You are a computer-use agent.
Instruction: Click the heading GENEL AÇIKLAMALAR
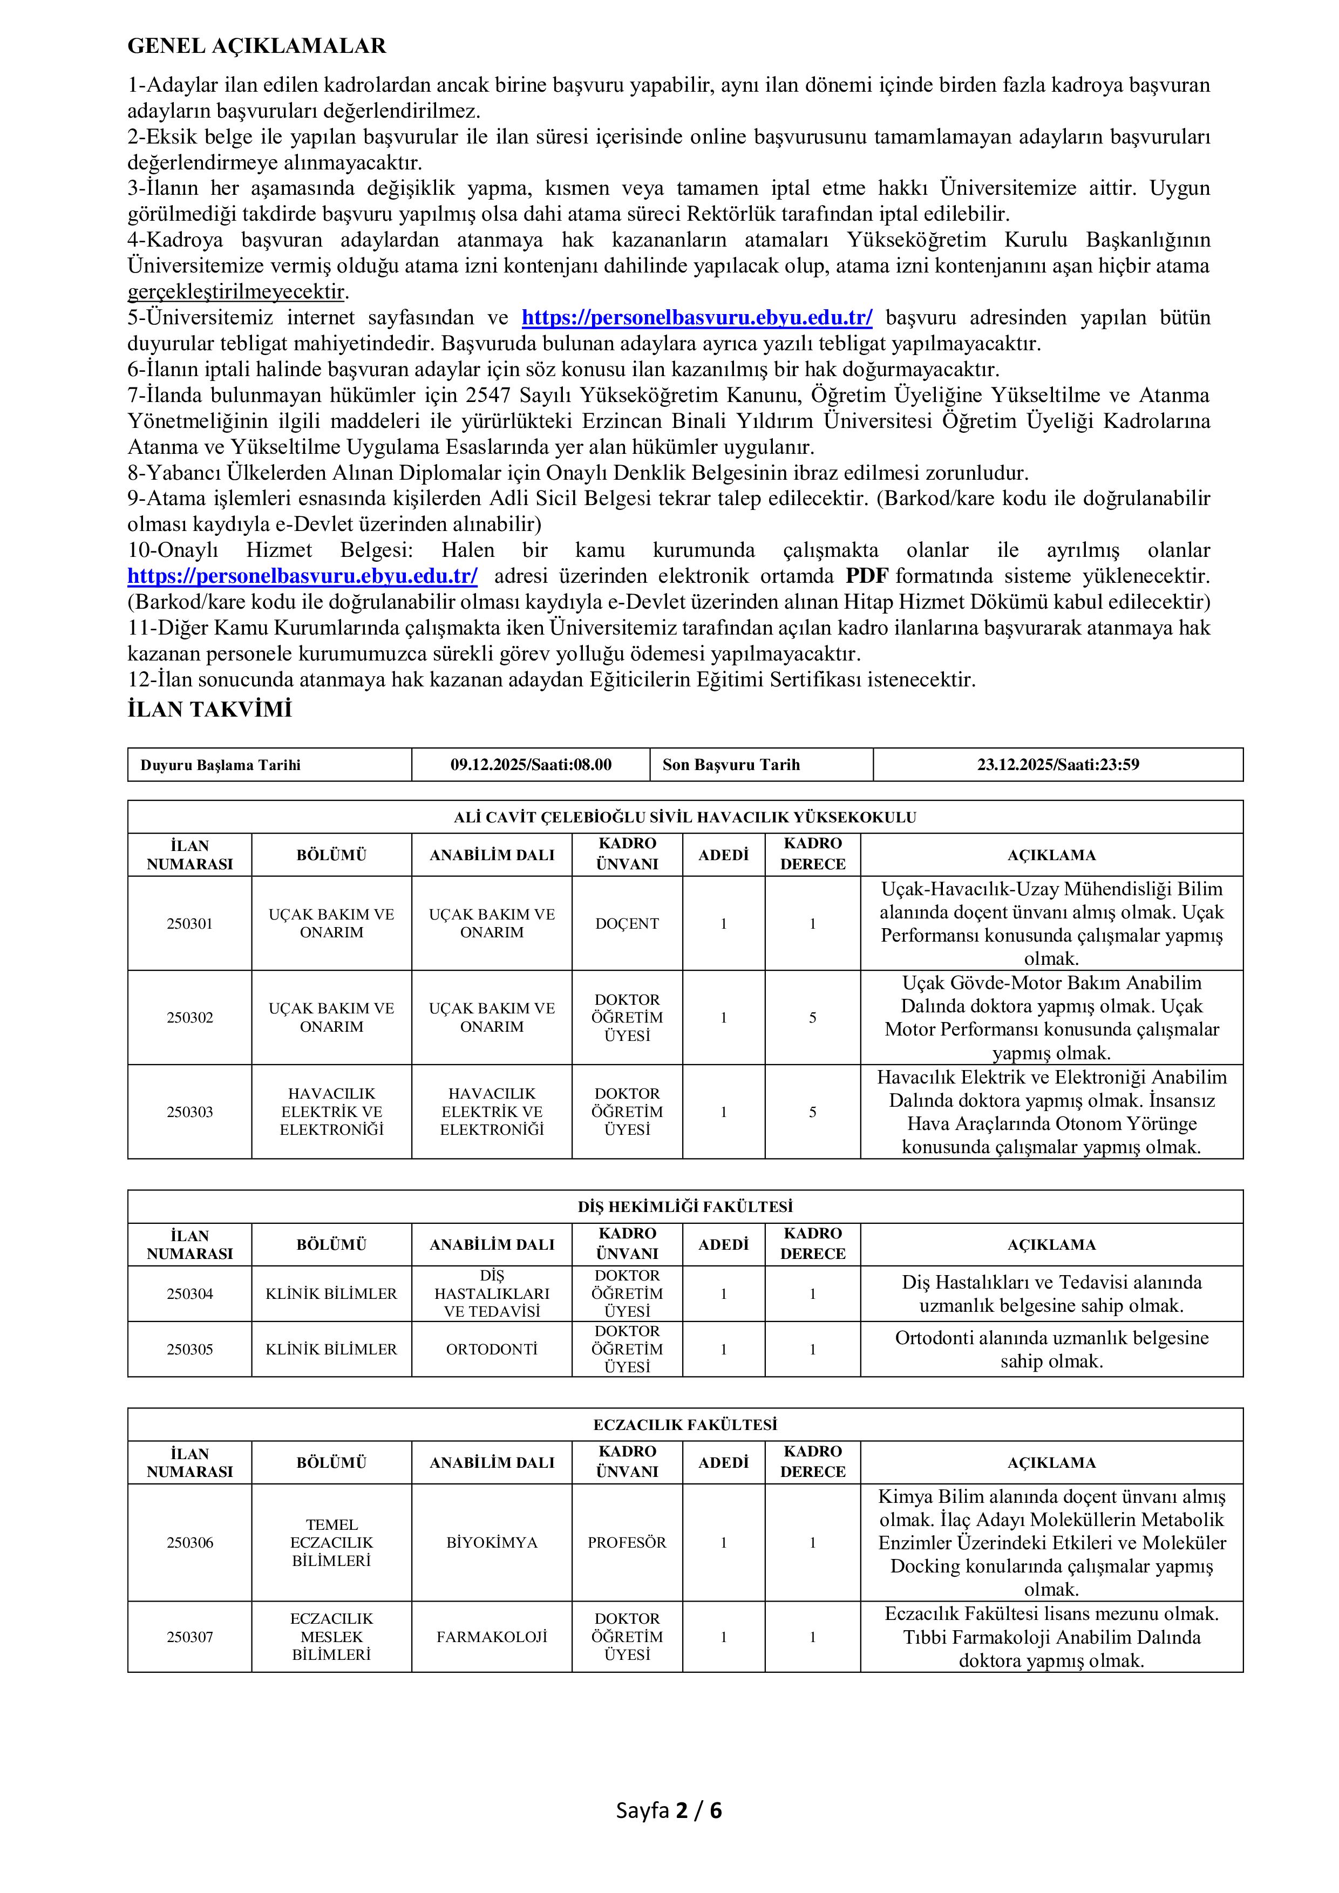256,46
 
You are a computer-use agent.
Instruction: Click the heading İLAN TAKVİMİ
209,710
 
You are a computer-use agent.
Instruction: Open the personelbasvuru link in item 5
697,317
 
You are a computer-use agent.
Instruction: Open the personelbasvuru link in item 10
302,575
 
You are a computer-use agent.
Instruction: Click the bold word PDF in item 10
867,575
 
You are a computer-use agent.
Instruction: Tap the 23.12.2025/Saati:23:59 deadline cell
1058,764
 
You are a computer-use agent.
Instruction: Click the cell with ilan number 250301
189,923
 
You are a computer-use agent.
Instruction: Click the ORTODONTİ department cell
492,1350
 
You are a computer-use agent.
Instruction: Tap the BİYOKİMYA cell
492,1542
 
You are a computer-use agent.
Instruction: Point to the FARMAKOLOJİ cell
492,1637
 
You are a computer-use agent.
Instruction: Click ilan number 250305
189,1350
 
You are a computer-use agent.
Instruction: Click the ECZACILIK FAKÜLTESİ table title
685,1425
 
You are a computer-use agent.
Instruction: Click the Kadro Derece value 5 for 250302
812,1017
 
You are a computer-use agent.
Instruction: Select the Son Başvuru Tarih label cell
731,764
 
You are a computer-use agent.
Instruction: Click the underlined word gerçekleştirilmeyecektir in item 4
236,292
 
